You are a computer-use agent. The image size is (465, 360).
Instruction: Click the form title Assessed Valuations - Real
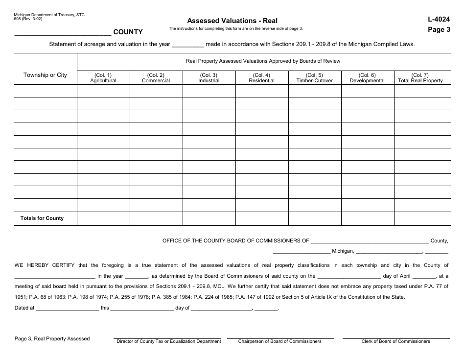(232, 21)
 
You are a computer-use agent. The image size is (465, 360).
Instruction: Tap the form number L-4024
(439, 20)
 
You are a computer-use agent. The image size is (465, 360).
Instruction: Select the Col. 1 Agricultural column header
(103, 78)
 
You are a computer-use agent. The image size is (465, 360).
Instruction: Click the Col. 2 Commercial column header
(156, 78)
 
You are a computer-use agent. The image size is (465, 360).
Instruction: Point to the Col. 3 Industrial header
(209, 78)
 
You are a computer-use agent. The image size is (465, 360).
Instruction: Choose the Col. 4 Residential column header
(261, 78)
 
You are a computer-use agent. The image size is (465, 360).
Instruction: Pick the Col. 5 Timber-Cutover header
(314, 78)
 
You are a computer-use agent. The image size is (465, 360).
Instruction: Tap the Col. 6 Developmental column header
(367, 78)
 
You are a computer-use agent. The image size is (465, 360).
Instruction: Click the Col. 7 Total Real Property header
(420, 78)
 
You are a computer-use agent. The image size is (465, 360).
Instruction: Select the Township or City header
(45, 75)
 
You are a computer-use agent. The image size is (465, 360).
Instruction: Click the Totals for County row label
(42, 218)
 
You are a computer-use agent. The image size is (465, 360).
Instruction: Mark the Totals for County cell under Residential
(261, 218)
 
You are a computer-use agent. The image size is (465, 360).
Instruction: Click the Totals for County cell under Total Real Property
(420, 218)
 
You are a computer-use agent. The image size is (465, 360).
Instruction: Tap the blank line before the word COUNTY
(63, 34)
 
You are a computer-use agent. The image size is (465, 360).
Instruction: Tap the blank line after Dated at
(68, 310)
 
